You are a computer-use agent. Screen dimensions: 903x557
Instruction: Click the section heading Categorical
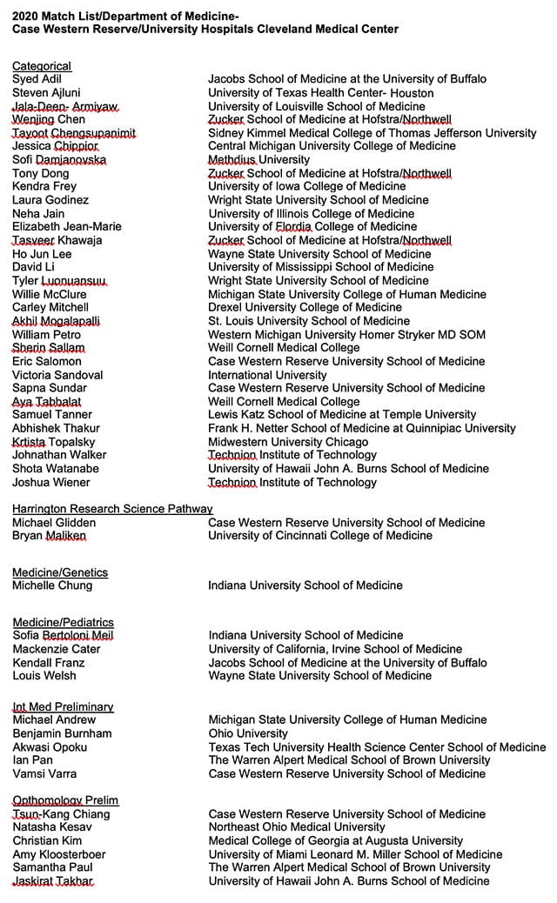[42, 66]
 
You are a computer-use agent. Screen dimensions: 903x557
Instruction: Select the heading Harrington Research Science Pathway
[112, 509]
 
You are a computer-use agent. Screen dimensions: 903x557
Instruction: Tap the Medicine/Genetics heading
[60, 572]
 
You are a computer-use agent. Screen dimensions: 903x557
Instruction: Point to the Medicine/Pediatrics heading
[63, 622]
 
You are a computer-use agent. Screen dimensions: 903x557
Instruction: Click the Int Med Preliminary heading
[63, 706]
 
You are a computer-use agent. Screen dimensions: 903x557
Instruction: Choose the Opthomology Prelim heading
[65, 800]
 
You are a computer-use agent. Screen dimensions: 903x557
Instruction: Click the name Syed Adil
[37, 79]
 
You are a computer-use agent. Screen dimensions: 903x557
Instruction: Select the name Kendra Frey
[44, 186]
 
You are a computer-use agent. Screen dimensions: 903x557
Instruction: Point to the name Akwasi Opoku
[50, 746]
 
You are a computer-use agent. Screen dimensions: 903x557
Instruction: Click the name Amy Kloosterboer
[59, 854]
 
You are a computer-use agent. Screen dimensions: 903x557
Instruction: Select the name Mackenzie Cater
[57, 649]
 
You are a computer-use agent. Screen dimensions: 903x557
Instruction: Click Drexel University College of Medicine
[305, 307]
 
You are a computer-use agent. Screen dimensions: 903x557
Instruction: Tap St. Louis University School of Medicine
[309, 321]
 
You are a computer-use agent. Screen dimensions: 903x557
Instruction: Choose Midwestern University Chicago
[288, 442]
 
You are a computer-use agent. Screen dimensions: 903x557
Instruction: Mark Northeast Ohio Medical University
[297, 827]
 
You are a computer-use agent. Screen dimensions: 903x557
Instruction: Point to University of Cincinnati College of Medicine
[320, 536]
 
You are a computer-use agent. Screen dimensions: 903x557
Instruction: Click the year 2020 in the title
[26, 16]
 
